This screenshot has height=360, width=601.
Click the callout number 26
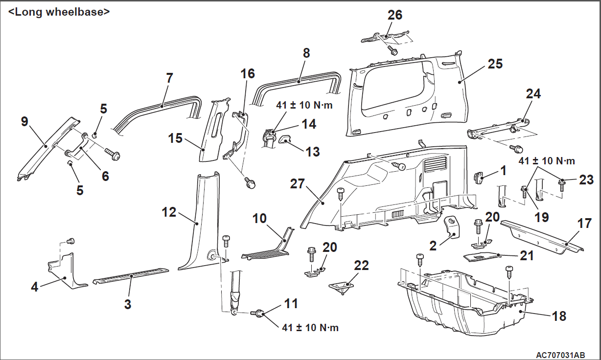(395, 15)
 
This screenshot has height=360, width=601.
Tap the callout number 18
(558, 316)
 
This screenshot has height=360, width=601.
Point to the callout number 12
(169, 212)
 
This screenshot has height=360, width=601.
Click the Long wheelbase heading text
(59, 12)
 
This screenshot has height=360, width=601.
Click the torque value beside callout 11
(310, 328)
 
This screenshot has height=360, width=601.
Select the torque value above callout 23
(547, 160)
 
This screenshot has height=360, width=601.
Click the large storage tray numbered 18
(465, 303)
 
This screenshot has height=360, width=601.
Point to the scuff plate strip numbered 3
(131, 275)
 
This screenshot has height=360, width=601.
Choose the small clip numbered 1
(479, 177)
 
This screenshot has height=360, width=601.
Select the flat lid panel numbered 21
(482, 256)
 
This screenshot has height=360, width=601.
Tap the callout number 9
(24, 121)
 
